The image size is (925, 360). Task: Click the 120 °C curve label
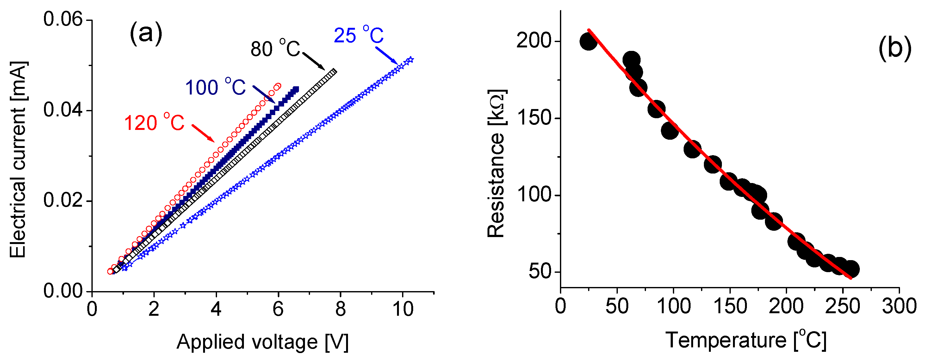point(154,123)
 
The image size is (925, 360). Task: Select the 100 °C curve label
point(215,87)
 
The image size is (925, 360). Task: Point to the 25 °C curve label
point(359,35)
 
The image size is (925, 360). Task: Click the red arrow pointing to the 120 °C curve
point(203,133)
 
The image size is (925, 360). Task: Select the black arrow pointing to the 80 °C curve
point(314,61)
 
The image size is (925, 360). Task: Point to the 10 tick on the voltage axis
point(403,309)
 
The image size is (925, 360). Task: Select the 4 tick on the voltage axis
point(216,309)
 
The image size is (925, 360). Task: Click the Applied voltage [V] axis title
point(263,342)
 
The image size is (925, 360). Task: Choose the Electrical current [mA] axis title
point(18,160)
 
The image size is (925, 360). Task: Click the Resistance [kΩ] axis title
point(497,163)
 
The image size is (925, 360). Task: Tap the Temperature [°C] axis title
point(746,340)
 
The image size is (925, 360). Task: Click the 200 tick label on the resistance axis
point(533,41)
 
